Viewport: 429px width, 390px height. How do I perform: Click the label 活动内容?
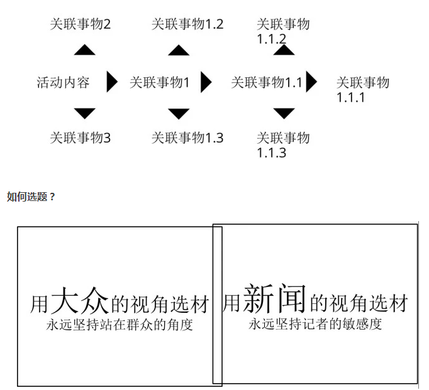[x=63, y=82]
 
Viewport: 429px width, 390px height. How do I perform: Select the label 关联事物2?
[x=80, y=24]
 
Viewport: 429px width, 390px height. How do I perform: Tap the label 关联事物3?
[x=80, y=138]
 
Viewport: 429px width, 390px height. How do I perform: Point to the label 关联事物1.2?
[x=187, y=24]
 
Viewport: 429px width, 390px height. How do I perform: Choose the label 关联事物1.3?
[x=187, y=138]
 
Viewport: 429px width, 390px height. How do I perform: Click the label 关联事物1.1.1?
[x=363, y=90]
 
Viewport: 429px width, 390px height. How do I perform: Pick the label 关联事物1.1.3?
[x=283, y=145]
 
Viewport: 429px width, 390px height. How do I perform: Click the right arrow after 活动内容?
[x=112, y=82]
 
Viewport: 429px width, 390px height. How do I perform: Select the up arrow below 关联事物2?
[x=84, y=50]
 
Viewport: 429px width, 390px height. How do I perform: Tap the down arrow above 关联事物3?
[x=84, y=113]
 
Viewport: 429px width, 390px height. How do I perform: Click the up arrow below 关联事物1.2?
[x=179, y=50]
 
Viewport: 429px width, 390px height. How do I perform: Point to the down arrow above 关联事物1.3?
[x=179, y=114]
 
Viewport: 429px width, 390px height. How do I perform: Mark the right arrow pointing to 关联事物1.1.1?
[x=311, y=82]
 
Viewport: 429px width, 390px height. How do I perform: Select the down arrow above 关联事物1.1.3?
[x=284, y=113]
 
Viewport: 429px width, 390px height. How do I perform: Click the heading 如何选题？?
[x=31, y=197]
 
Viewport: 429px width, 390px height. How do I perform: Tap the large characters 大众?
[x=80, y=301]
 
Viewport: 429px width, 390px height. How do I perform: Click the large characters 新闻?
[x=274, y=298]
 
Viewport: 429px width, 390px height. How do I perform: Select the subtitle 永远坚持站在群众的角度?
[x=120, y=325]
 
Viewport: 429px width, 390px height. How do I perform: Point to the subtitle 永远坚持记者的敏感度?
[x=315, y=324]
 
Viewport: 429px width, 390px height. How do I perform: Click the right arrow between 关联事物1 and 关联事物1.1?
[x=206, y=82]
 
